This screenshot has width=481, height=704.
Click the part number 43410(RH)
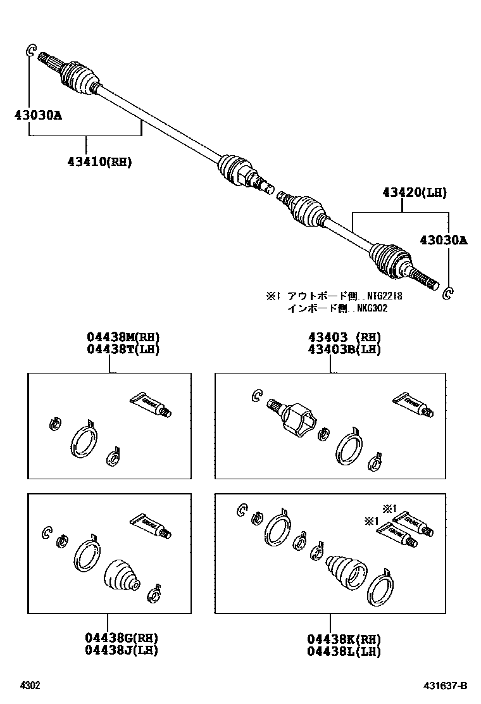pyautogui.click(x=99, y=161)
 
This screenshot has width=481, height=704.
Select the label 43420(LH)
pyautogui.click(x=414, y=192)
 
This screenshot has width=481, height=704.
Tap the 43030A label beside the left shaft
pyautogui.click(x=38, y=115)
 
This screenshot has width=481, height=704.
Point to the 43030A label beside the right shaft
pyautogui.click(x=443, y=240)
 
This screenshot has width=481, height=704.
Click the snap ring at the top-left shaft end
pyautogui.click(x=31, y=51)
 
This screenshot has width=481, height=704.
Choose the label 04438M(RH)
pyautogui.click(x=123, y=337)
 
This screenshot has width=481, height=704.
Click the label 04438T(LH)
pyautogui.click(x=123, y=349)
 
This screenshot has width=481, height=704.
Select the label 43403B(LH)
pyautogui.click(x=344, y=349)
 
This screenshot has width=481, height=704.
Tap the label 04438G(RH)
pyautogui.click(x=123, y=638)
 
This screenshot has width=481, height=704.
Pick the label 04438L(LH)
pyautogui.click(x=344, y=650)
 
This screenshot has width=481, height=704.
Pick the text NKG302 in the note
pyautogui.click(x=371, y=308)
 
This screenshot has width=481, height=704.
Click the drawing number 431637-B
pyautogui.click(x=446, y=686)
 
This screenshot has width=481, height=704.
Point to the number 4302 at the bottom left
pyautogui.click(x=30, y=686)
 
